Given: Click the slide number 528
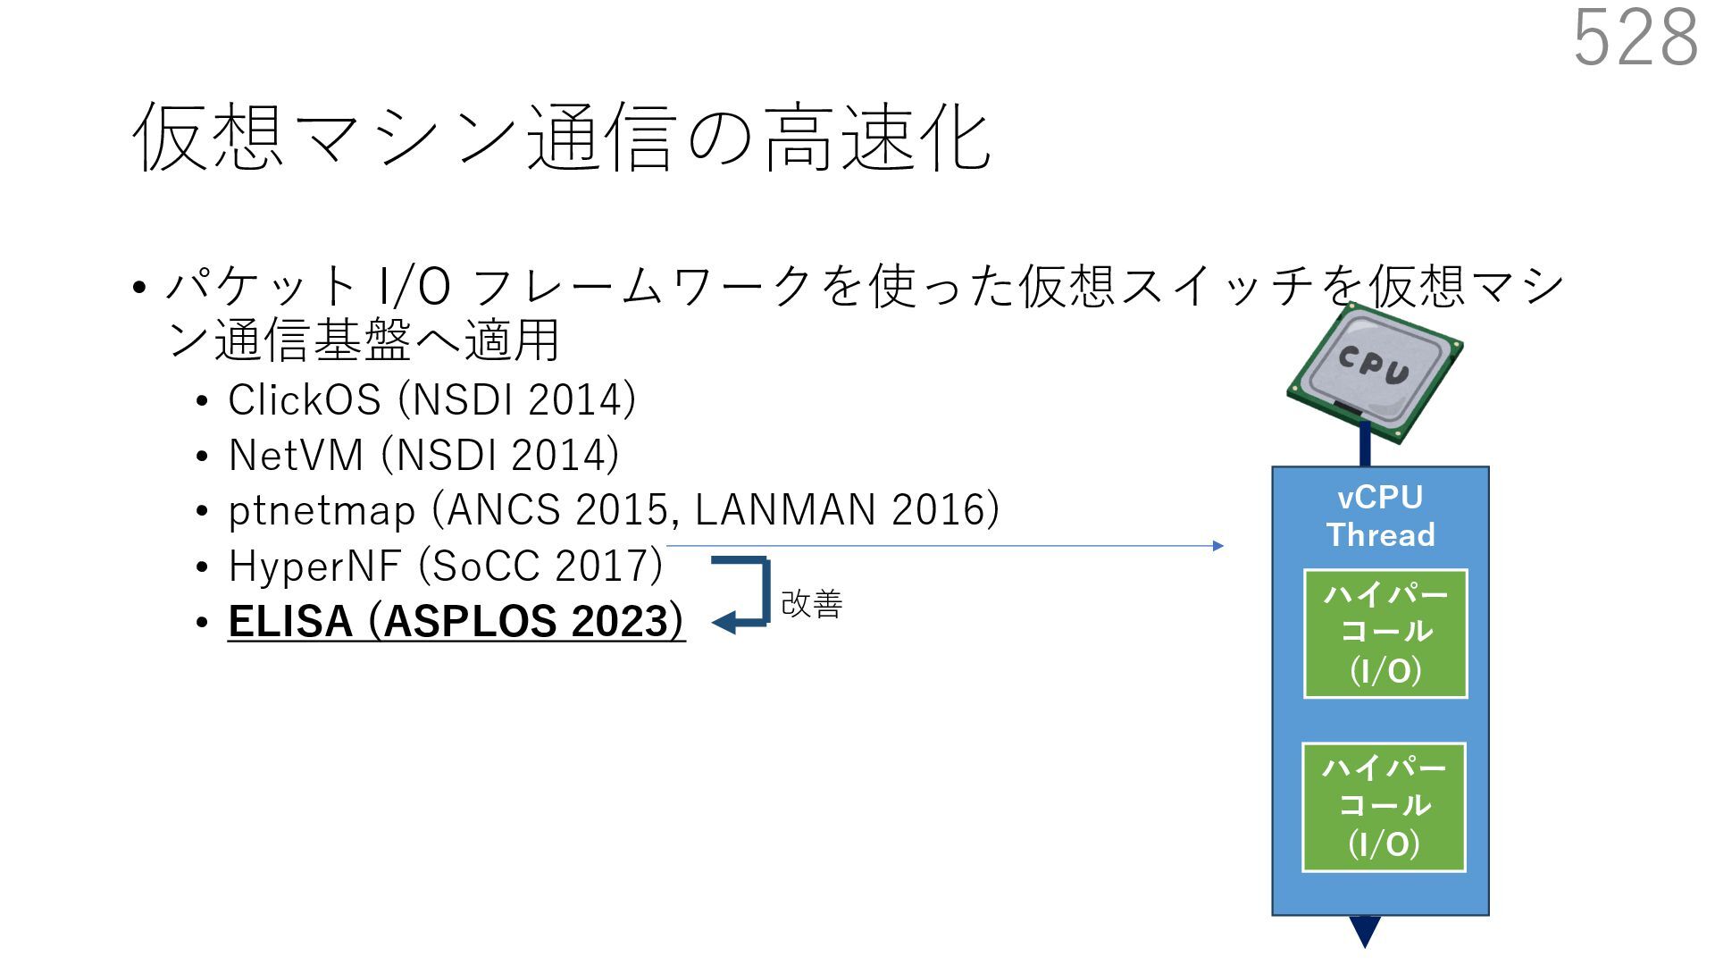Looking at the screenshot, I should (1635, 38).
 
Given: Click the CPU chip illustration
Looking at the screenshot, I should (1374, 372).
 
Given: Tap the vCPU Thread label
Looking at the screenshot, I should (1380, 516).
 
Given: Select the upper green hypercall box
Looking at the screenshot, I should (1385, 634).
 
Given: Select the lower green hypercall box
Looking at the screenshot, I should (1384, 807).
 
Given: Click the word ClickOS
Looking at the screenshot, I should (305, 399).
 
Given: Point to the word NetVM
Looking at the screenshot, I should (296, 455).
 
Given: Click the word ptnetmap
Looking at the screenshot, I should (322, 510).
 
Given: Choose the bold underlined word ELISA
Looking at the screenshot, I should (290, 621).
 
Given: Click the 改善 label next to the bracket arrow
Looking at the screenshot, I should (811, 604).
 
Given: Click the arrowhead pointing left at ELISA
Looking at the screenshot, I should (723, 621).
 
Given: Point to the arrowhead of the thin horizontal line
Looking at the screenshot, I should (1218, 546).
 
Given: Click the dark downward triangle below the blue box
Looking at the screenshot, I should (1365, 931).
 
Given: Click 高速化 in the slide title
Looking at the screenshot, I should (877, 138).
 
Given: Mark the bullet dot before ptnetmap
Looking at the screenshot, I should (203, 512).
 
